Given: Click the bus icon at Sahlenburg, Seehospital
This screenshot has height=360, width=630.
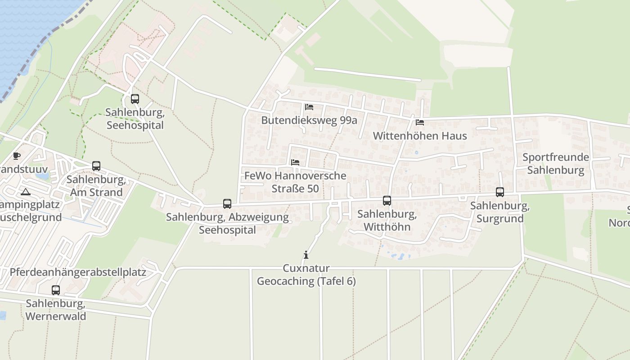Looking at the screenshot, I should point(135,99).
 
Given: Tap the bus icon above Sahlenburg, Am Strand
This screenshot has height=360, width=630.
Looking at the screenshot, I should point(96,166).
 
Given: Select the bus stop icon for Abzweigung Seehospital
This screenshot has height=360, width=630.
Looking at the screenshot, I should point(227,204).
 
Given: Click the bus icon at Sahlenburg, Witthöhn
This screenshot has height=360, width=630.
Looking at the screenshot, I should point(387,201).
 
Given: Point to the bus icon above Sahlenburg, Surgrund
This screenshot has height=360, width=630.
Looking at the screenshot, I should point(500,192).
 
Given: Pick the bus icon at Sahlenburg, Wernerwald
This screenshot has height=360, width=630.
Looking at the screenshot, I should point(56,290).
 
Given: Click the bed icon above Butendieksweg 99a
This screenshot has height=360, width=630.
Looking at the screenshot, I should point(309,107).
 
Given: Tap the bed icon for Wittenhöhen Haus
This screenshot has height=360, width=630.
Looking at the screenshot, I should point(420,122).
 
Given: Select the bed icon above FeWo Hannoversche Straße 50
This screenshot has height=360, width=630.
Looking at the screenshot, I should point(295,162).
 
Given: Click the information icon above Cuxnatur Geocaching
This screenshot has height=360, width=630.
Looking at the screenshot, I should point(306,255).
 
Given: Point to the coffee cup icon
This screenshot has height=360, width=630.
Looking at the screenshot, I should point(17,156).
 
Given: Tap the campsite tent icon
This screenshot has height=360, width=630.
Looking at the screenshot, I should point(26,192).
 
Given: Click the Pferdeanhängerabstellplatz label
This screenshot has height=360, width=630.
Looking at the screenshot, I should point(78,272).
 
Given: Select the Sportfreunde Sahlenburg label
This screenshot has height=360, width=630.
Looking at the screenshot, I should point(556,164).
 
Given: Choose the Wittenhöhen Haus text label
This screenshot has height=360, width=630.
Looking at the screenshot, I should point(420,135).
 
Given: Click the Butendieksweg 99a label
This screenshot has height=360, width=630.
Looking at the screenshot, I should point(309,120).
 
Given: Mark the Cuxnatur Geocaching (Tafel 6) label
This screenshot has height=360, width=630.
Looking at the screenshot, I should point(306,275).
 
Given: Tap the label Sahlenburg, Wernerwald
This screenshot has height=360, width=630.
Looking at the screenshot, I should point(56,310).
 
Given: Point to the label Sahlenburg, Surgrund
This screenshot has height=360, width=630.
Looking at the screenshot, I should point(500,212).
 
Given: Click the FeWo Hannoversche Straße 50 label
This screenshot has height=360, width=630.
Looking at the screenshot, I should point(295,182).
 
